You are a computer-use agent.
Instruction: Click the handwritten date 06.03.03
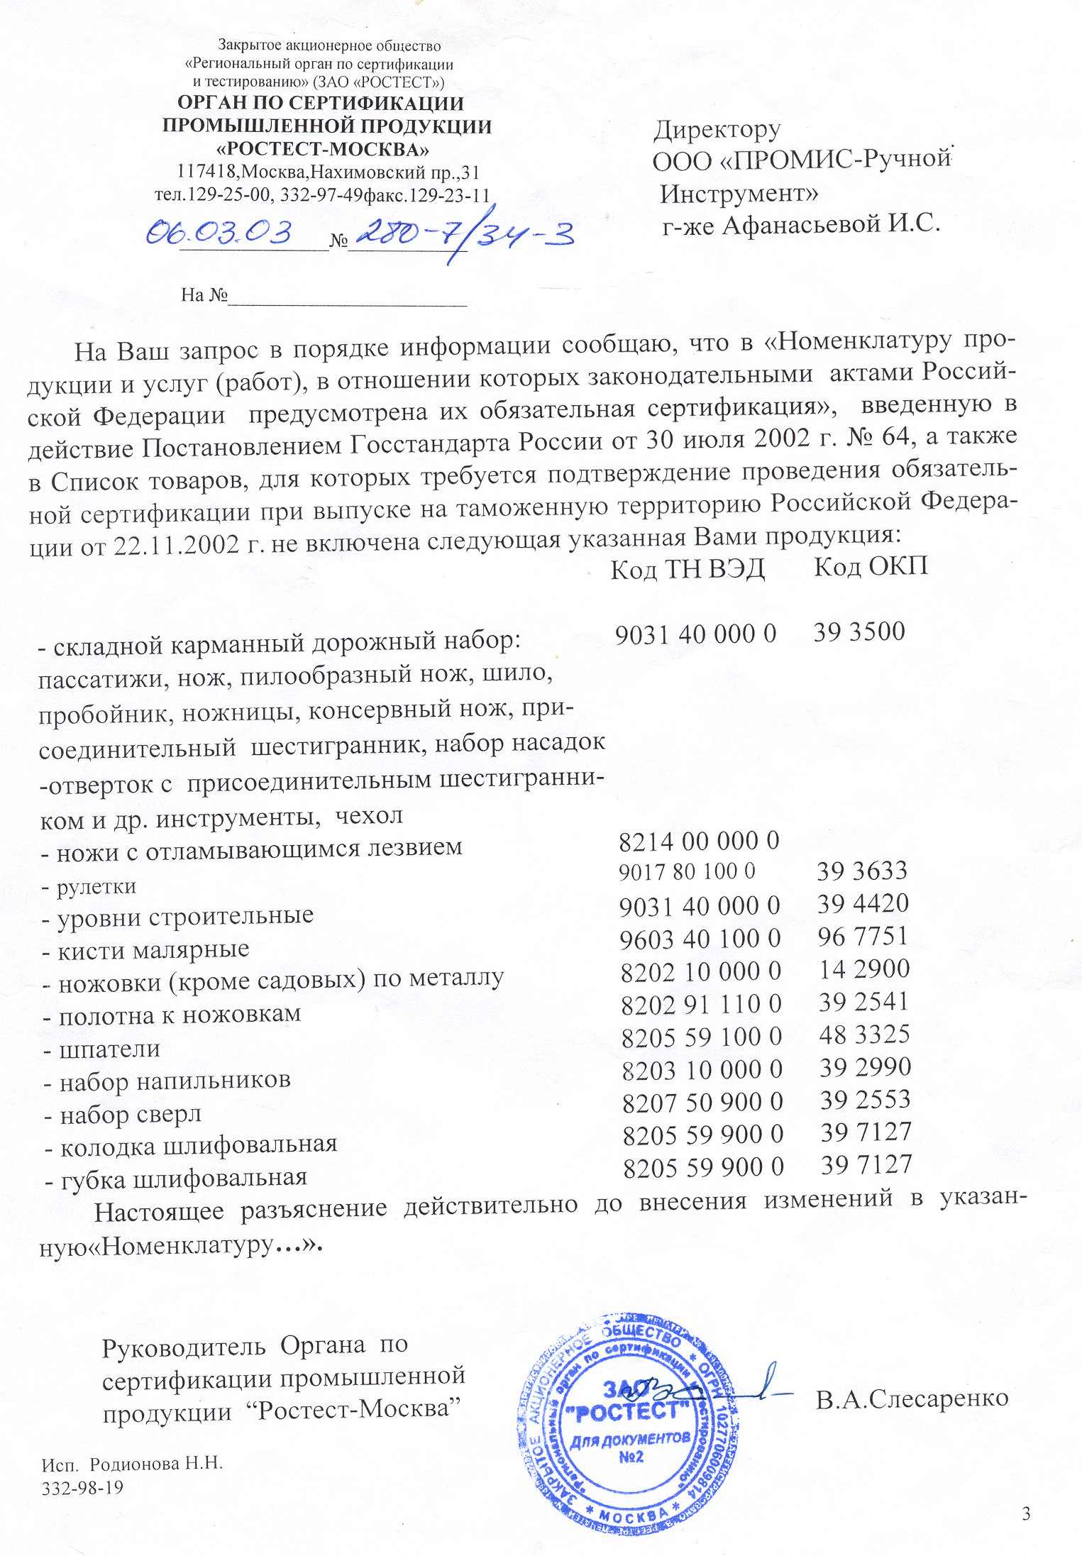(x=219, y=232)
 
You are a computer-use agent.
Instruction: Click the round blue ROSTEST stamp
(x=629, y=1423)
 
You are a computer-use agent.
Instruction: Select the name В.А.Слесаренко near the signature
(x=912, y=1398)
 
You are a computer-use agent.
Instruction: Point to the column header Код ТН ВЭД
(x=688, y=569)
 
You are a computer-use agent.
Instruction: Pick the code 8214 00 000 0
(x=699, y=842)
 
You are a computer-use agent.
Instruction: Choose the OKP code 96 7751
(x=863, y=937)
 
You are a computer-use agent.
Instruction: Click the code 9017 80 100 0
(x=687, y=872)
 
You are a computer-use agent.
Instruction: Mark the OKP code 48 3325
(x=864, y=1034)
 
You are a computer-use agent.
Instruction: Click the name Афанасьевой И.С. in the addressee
(x=831, y=225)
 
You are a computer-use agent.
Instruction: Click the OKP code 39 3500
(x=859, y=631)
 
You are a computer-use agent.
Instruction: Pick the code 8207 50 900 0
(x=702, y=1102)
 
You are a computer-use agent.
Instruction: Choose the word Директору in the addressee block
(x=717, y=130)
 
